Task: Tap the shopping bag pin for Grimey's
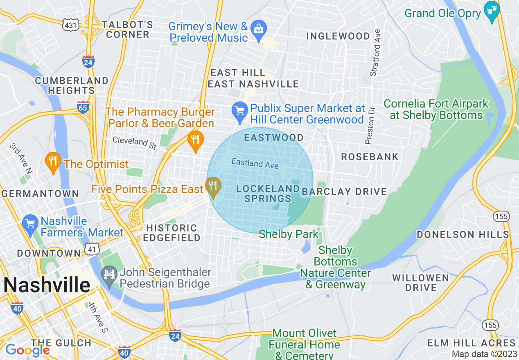[x=259, y=29]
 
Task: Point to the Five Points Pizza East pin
[x=212, y=186]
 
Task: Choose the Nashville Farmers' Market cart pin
[x=30, y=223]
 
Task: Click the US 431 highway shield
[x=70, y=25]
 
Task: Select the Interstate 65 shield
[x=83, y=107]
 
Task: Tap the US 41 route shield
[x=93, y=248]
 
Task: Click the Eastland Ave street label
[x=255, y=163]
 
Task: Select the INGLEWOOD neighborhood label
[x=338, y=36]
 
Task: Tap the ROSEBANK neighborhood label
[x=370, y=157]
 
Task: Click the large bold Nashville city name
[x=47, y=285]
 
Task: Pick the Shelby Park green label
[x=289, y=234]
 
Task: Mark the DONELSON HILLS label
[x=463, y=234]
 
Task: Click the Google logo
[x=27, y=350]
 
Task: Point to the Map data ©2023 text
[x=484, y=354]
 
